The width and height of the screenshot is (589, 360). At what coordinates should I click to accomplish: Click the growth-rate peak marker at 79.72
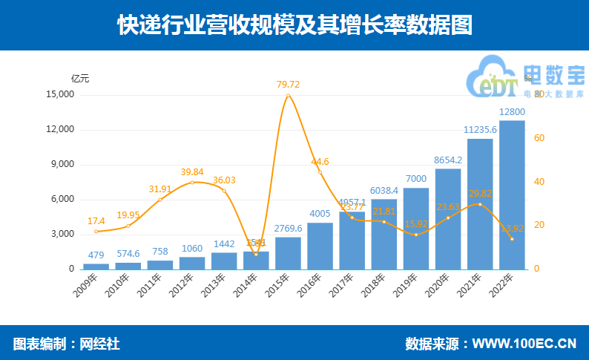[x=288, y=96]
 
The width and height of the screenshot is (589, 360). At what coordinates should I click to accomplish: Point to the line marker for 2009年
[x=96, y=232]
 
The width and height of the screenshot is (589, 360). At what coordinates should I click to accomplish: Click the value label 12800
[x=512, y=112]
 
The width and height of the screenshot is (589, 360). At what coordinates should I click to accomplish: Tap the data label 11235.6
[x=480, y=130]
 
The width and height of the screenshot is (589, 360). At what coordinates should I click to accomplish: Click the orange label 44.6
[x=320, y=161]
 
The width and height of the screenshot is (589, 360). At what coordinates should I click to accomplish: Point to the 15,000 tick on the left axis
[x=60, y=95]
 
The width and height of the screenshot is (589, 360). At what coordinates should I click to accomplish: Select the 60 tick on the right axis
[x=539, y=139]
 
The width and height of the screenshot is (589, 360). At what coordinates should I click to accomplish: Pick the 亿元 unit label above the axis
[x=79, y=77]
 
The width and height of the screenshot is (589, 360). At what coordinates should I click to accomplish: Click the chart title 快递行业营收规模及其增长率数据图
[x=294, y=26]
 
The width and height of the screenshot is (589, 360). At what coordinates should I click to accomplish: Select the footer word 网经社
[x=99, y=344]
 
